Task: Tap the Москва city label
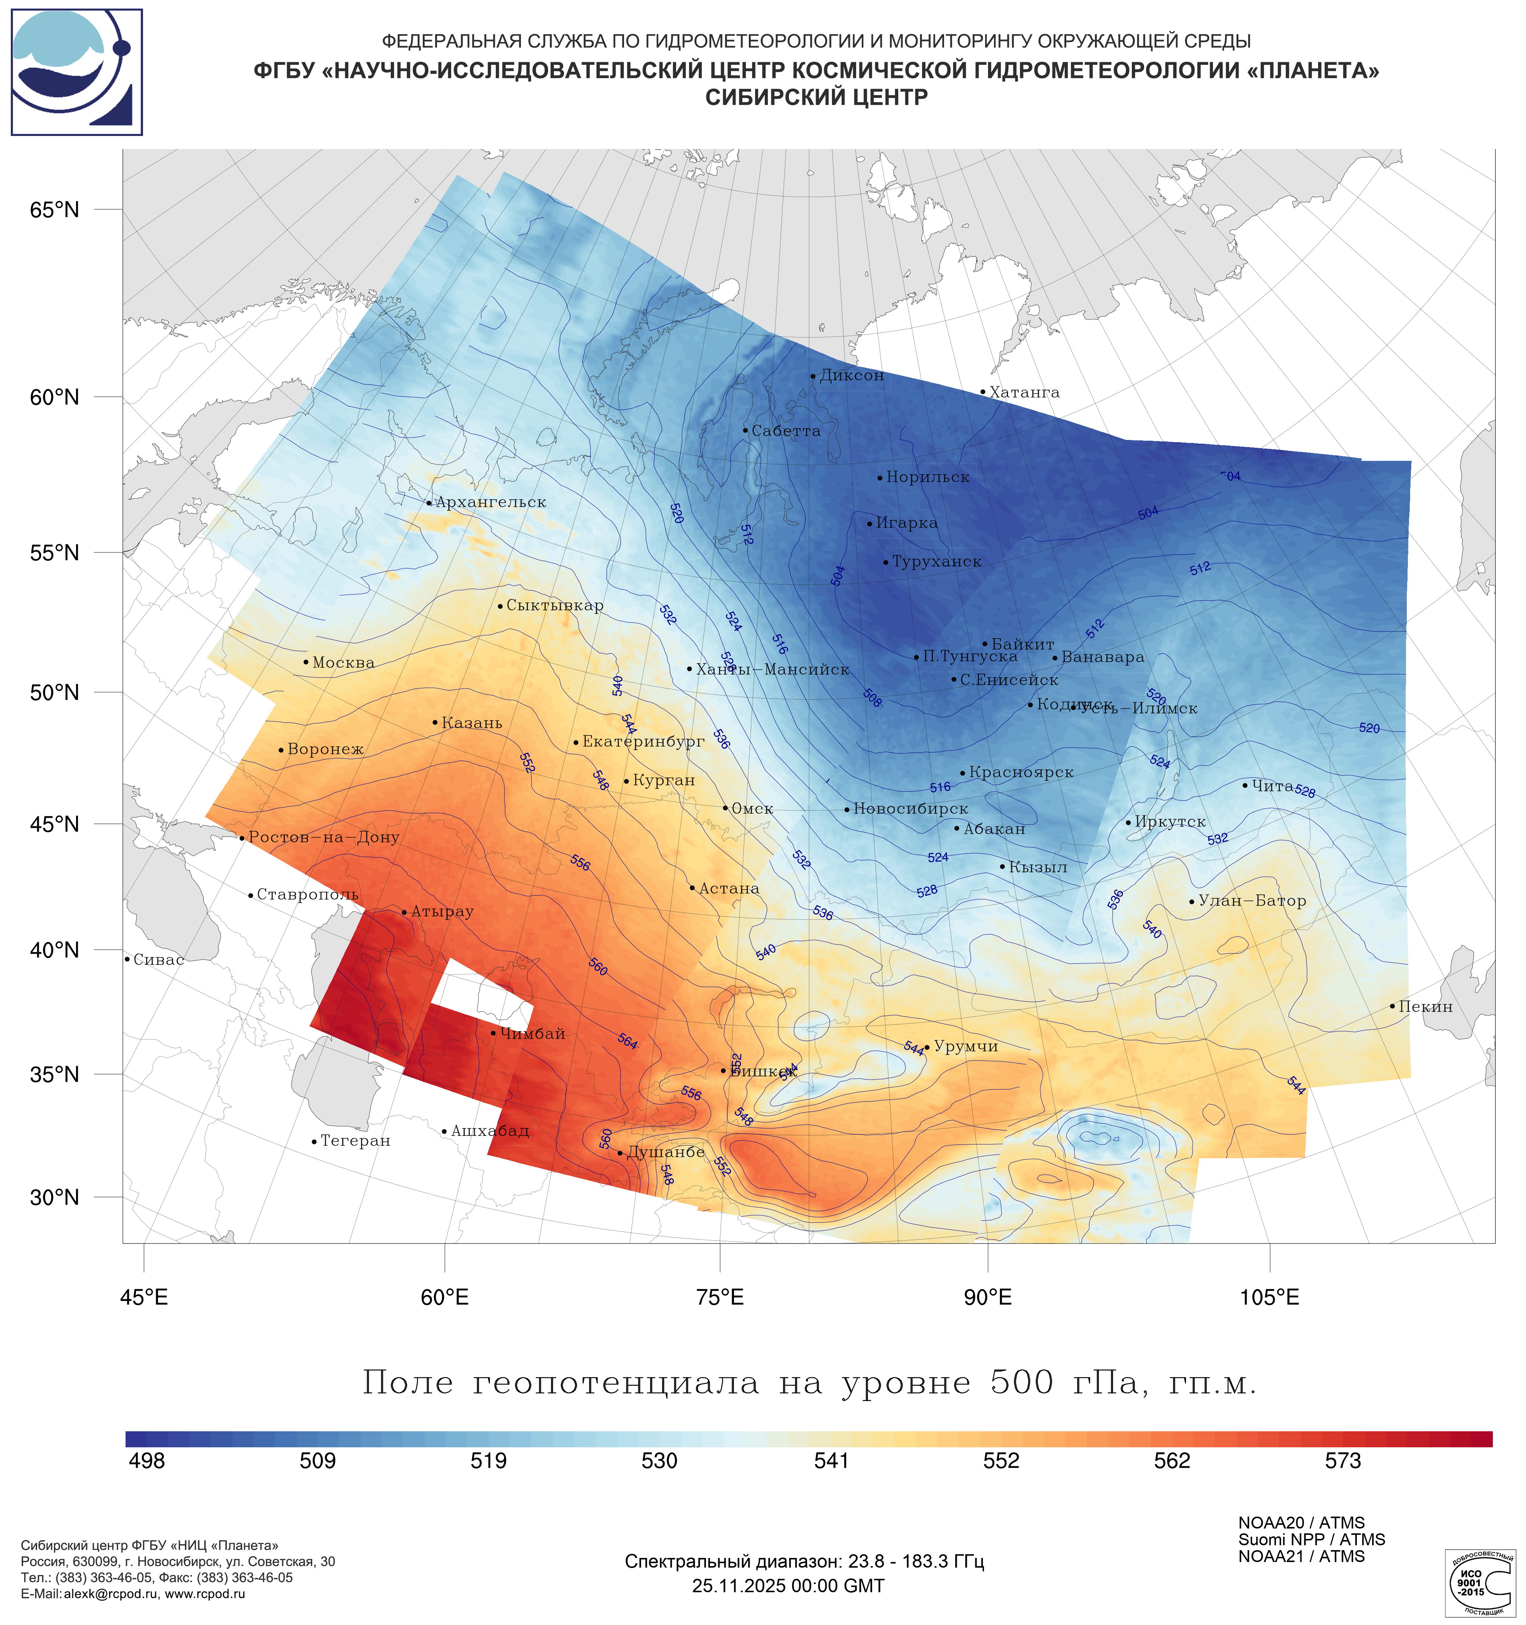point(343,663)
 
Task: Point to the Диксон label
point(852,376)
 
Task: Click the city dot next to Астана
point(692,888)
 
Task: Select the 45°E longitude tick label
point(144,1297)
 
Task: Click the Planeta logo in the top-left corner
point(77,72)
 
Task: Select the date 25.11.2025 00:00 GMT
point(788,1586)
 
